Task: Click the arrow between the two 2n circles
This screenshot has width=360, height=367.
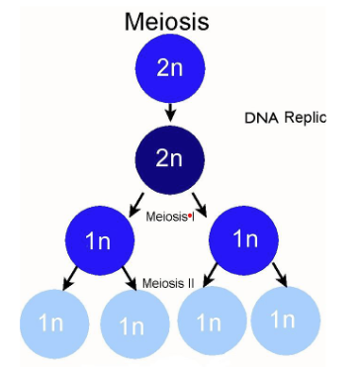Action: (170, 113)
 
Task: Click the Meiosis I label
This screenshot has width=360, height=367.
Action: (169, 215)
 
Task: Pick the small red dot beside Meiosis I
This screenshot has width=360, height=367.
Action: (190, 214)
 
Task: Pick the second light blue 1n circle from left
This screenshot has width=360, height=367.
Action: (135, 322)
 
